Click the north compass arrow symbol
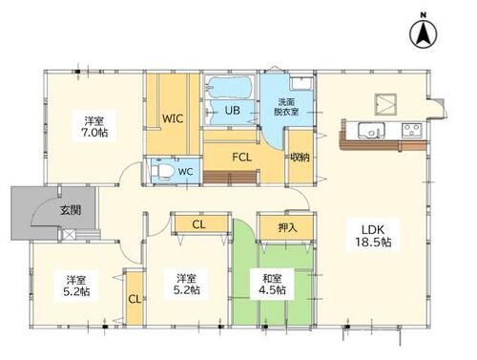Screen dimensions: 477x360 [423, 33]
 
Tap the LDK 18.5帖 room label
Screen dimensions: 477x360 [373, 236]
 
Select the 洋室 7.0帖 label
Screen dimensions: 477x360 [94, 127]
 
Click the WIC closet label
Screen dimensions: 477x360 [173, 118]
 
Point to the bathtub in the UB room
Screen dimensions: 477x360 [230, 87]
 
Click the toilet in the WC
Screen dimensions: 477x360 [162, 171]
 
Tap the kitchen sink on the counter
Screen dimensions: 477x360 [371, 131]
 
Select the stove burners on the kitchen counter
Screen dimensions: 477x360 [411, 130]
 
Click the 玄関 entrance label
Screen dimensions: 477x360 [71, 210]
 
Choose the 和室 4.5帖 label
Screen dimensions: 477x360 [272, 285]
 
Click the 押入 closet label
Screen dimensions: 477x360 [287, 227]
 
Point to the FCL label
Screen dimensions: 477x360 [241, 157]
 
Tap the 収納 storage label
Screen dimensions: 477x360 [300, 157]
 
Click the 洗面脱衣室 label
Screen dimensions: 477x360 [286, 107]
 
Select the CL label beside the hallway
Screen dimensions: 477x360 [198, 224]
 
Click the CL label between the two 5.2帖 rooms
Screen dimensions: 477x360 [135, 299]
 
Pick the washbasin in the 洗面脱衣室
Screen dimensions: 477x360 [301, 83]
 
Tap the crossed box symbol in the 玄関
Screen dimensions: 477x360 [68, 235]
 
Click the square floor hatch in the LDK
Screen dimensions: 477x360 [385, 104]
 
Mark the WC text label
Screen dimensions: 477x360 [185, 172]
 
